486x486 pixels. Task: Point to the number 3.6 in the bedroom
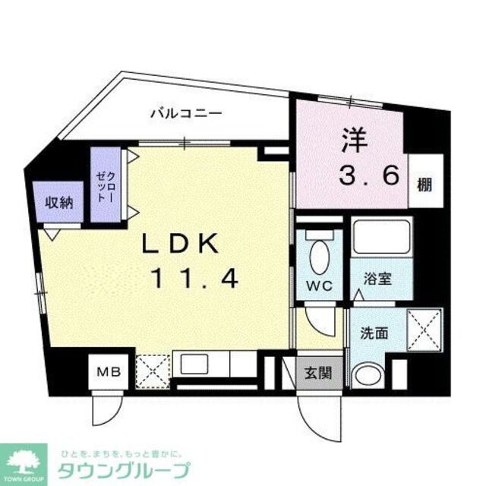[369, 176]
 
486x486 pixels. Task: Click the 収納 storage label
[57, 203]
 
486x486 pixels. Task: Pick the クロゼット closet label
[103, 186]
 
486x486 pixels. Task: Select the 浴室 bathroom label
[377, 279]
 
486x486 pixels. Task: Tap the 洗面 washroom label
[376, 331]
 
